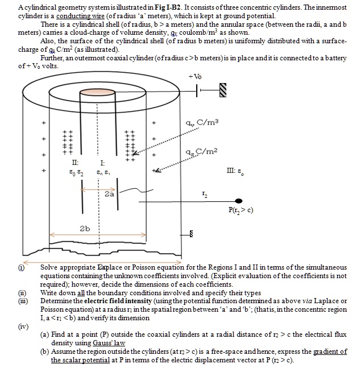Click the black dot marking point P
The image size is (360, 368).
[x=239, y=201]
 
